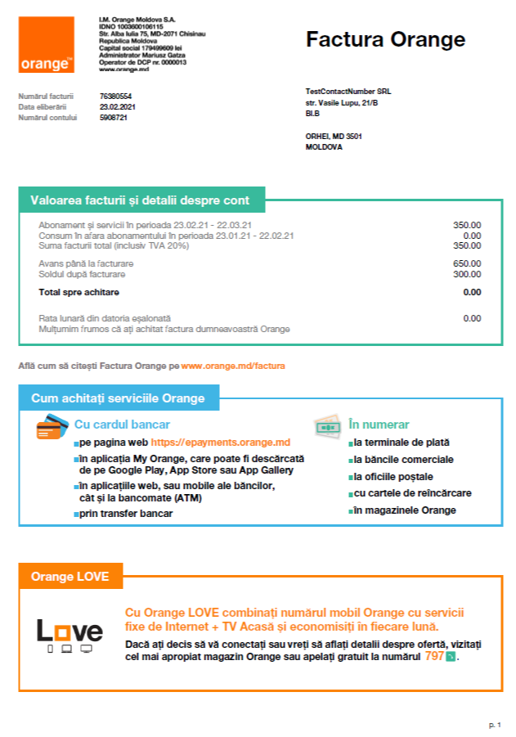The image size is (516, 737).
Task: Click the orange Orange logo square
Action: (46, 44)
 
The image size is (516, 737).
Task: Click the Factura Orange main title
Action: (385, 39)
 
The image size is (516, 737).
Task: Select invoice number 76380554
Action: (115, 97)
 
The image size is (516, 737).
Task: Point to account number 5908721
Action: (114, 118)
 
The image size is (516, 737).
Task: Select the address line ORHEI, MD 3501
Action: (334, 137)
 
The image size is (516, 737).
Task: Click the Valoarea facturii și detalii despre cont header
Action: (140, 200)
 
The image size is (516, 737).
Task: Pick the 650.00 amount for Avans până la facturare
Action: (467, 263)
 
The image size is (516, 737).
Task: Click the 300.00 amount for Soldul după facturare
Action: (467, 274)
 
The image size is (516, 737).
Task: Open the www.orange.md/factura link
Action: (233, 365)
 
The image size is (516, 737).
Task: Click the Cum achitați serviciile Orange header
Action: (118, 398)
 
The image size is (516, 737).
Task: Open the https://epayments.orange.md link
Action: (221, 443)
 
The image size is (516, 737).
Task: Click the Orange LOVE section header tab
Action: (70, 576)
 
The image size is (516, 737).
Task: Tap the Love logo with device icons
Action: (70, 635)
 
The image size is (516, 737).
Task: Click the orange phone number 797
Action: (434, 656)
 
